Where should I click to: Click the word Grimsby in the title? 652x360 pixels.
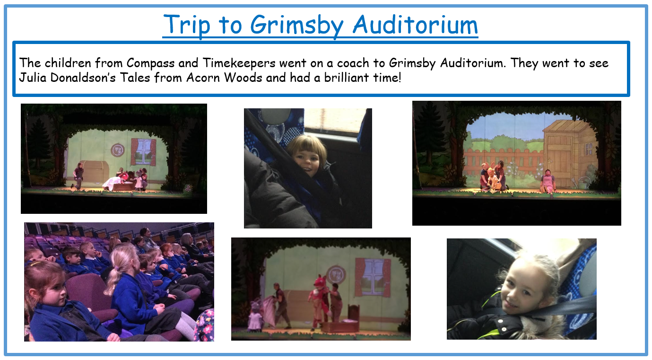[297, 26]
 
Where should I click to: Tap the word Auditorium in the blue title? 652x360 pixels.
[415, 25]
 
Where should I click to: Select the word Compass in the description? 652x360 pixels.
[150, 63]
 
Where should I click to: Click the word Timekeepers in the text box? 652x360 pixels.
[239, 63]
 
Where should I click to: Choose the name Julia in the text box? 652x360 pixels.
[33, 78]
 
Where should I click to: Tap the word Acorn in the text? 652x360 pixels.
[203, 78]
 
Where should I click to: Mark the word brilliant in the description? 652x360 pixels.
[347, 78]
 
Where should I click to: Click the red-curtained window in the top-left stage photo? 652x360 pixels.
[144, 152]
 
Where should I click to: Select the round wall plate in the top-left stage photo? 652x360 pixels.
[118, 150]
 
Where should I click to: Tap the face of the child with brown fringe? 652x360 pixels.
[307, 161]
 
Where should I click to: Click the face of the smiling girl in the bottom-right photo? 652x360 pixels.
[524, 289]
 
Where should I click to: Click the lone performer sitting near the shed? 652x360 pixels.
[548, 181]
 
